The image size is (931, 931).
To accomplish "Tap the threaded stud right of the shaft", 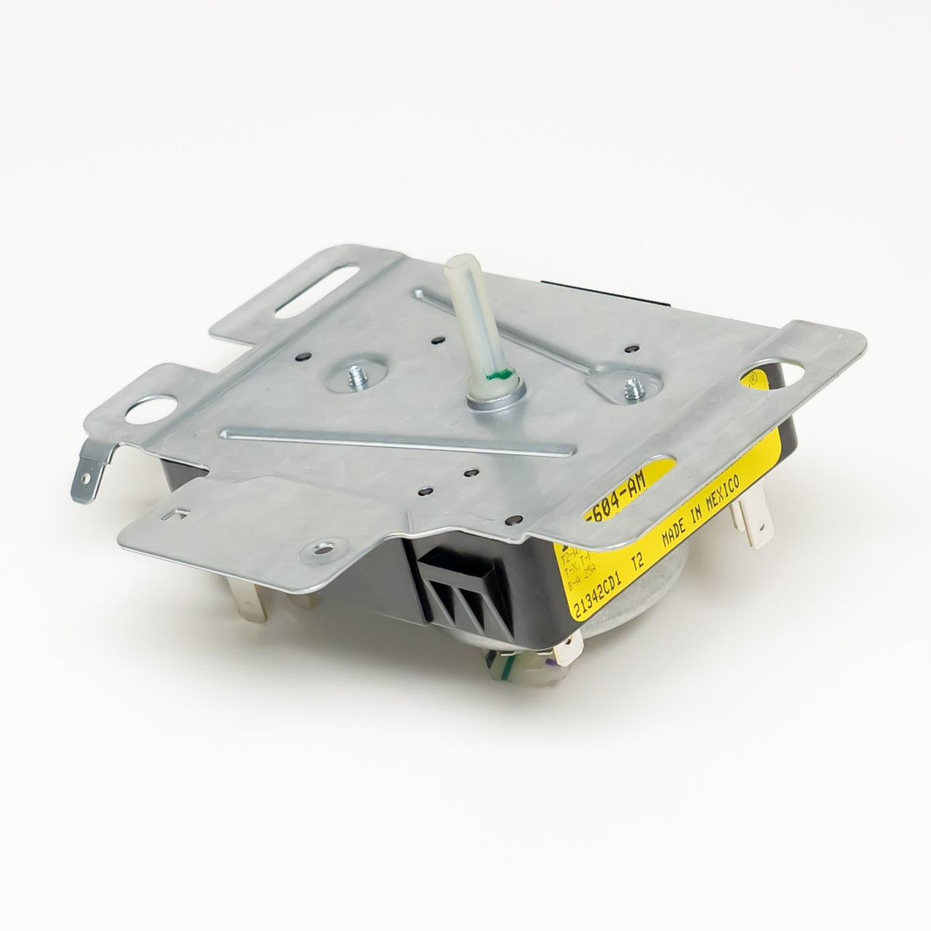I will tap(631, 391).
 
